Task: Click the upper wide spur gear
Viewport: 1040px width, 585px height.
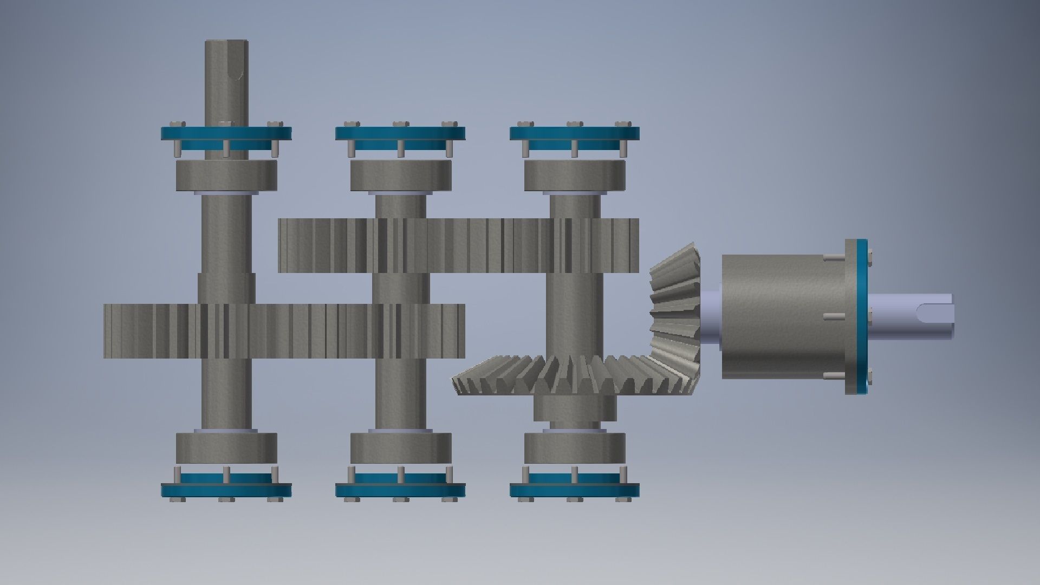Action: pos(458,245)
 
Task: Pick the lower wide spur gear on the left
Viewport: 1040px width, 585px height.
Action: pos(284,331)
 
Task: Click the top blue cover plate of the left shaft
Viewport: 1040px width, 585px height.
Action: pos(226,133)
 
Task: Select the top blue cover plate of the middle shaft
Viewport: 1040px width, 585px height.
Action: pos(400,133)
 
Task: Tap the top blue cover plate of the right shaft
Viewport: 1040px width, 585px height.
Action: pos(575,133)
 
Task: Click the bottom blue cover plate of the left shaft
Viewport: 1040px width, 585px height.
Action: pos(226,490)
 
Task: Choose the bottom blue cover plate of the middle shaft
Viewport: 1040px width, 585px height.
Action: pos(400,490)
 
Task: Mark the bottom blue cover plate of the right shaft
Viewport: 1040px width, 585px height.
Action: pos(575,490)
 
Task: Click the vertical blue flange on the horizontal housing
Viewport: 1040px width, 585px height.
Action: pos(856,316)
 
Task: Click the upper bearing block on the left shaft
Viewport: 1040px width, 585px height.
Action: pos(226,175)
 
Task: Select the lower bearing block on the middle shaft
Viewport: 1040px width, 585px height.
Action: pos(400,448)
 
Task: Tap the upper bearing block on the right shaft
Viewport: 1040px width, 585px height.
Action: pos(575,175)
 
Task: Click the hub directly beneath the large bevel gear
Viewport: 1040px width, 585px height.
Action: pos(575,408)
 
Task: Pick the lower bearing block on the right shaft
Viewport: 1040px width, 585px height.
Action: pos(575,448)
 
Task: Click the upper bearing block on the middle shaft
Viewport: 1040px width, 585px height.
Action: pos(400,175)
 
